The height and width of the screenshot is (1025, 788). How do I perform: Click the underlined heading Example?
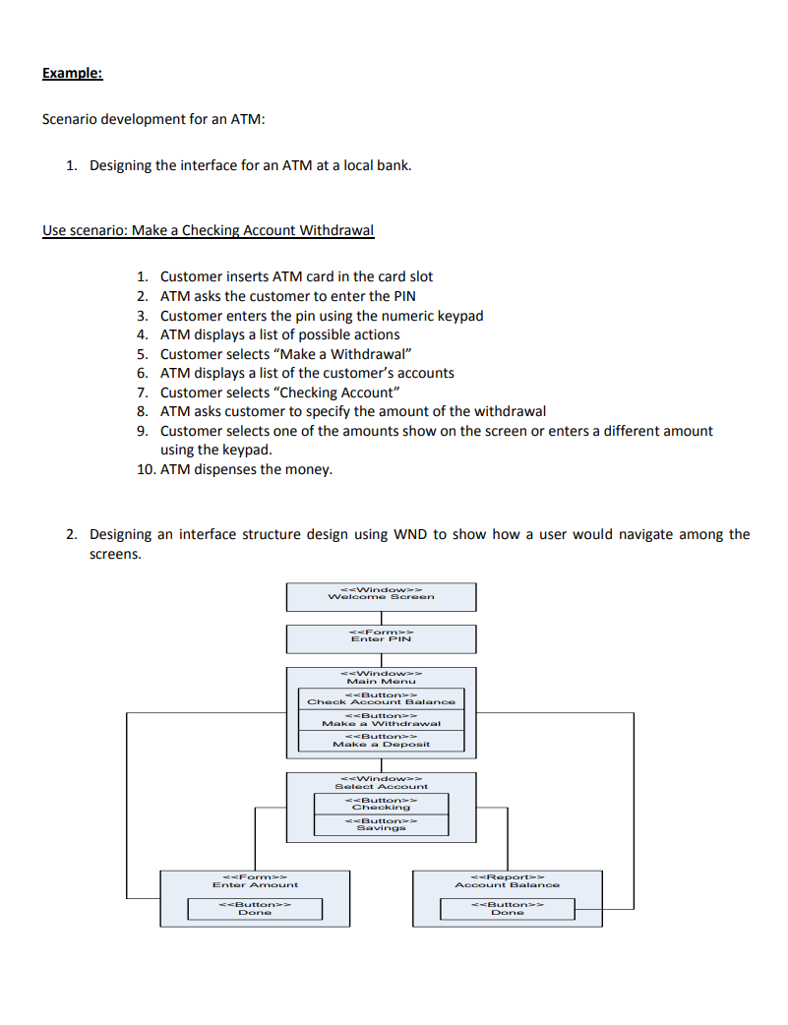coord(72,73)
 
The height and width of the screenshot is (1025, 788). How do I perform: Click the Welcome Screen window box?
coord(381,596)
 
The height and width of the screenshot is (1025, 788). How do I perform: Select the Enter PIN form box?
coord(381,638)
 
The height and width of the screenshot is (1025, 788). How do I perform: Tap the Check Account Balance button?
coord(381,698)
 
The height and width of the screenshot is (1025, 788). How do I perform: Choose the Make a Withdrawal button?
coord(381,720)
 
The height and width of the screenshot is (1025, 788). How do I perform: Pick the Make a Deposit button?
coord(381,741)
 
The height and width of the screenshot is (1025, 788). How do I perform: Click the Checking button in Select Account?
coord(381,804)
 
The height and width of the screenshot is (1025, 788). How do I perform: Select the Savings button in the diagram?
coord(381,824)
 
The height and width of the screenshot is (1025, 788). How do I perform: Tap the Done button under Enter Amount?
coord(255,908)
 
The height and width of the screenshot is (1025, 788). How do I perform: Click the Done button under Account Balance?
coord(507,908)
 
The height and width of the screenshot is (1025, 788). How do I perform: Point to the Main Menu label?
coord(381,681)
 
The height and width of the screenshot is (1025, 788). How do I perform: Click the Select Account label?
coord(381,786)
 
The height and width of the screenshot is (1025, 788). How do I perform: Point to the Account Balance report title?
coord(507,884)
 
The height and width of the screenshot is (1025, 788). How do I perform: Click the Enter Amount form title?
coord(255,884)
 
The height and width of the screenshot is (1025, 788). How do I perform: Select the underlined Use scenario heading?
coord(208,231)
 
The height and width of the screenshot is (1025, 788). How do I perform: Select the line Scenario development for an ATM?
coord(153,119)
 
